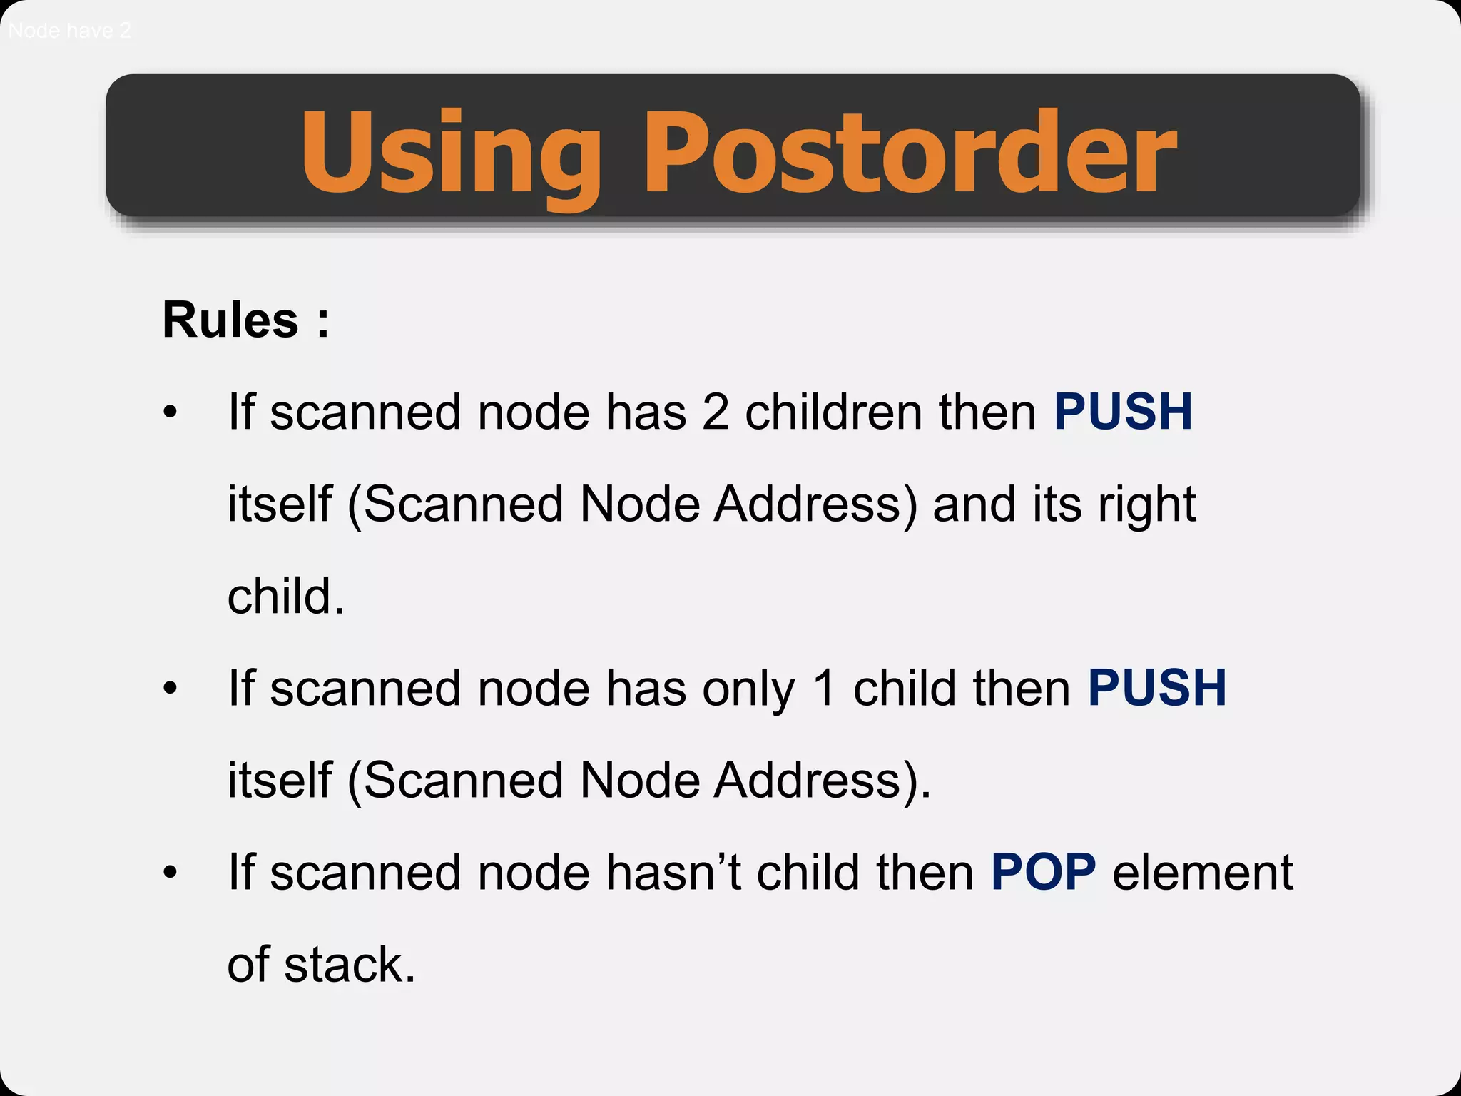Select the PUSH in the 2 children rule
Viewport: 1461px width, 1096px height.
click(1123, 412)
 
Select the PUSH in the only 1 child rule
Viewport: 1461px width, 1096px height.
click(1156, 688)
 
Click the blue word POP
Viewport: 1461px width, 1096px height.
click(1043, 872)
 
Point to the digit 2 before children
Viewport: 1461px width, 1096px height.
click(716, 412)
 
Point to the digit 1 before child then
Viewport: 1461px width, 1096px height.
click(824, 688)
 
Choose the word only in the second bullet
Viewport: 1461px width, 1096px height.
click(748, 689)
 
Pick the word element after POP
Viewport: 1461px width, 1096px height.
click(1202, 872)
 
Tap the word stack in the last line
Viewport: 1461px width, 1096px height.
click(350, 965)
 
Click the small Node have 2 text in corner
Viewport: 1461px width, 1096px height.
click(69, 31)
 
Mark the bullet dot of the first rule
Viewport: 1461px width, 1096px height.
click(170, 412)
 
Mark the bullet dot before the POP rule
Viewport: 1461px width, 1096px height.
click(170, 872)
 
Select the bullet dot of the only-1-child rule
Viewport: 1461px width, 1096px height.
click(170, 688)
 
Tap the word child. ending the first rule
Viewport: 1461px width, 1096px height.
click(285, 597)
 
